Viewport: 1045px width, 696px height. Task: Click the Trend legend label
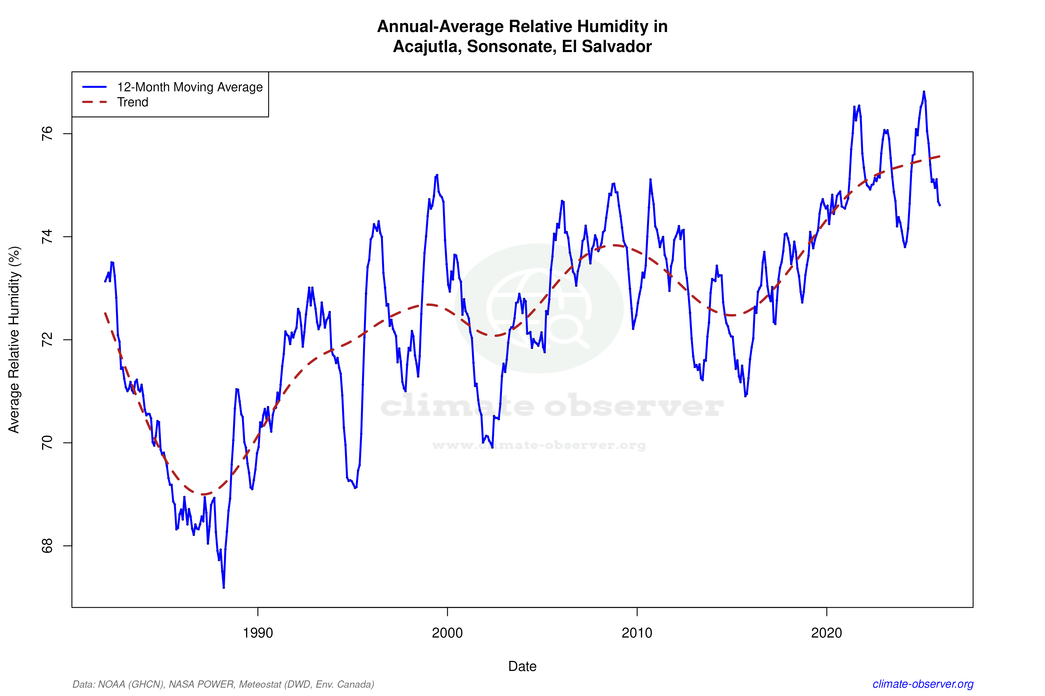pos(132,102)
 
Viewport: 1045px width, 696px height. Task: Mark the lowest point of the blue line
pos(223,587)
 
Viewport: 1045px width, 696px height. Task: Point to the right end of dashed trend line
pos(939,156)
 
